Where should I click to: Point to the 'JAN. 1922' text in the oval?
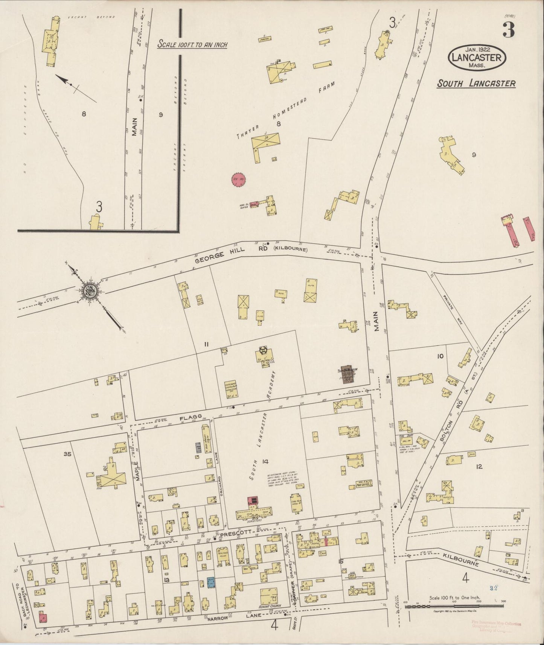(476, 50)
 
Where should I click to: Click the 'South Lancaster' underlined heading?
(476, 84)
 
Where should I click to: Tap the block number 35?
(67, 454)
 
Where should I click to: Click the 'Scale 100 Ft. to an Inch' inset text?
(192, 44)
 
